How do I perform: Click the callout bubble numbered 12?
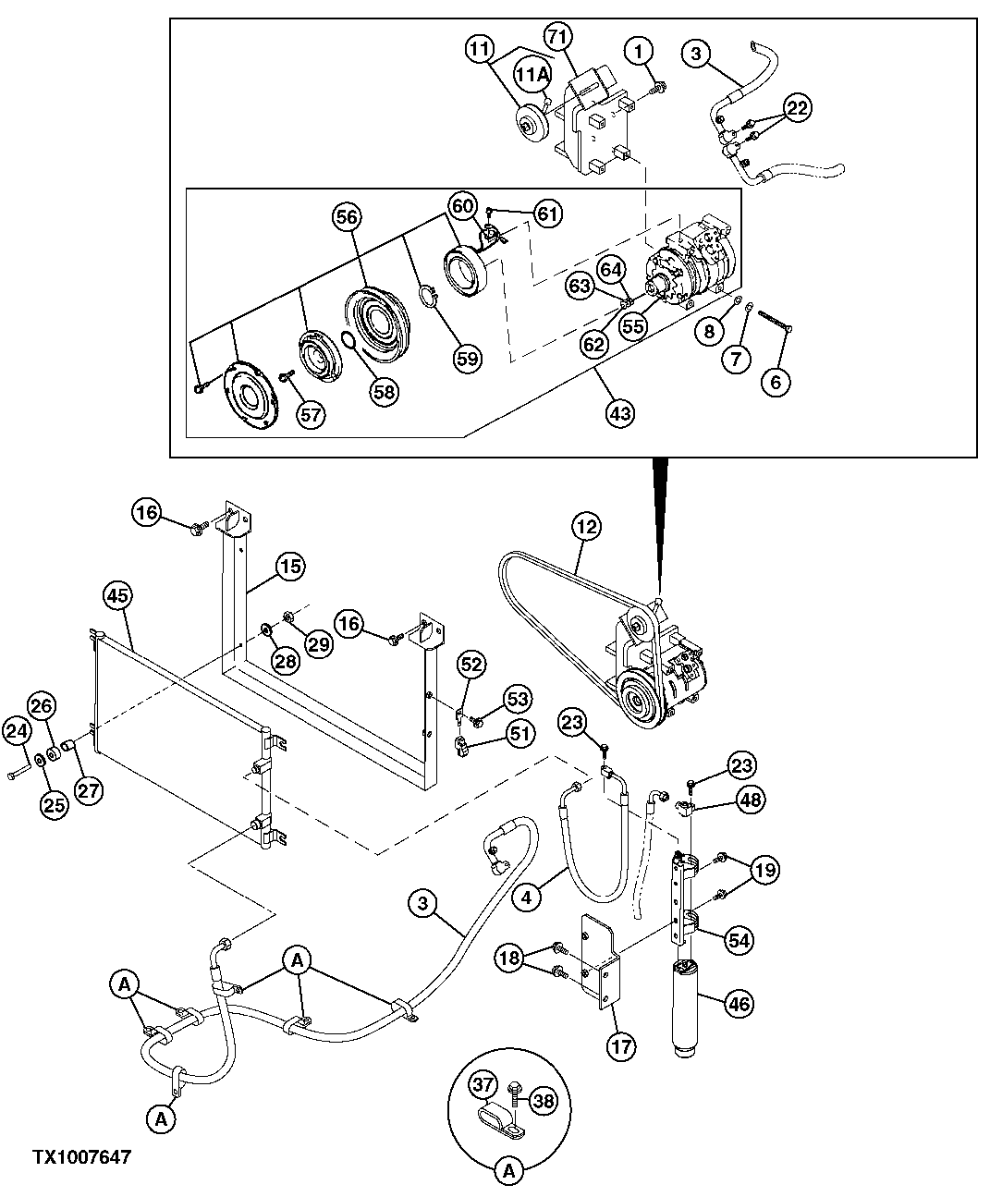[x=586, y=527]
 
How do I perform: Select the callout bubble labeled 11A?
[x=533, y=75]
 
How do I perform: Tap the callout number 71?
[x=557, y=38]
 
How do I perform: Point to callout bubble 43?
[x=619, y=412]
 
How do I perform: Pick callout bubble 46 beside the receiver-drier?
[x=739, y=1005]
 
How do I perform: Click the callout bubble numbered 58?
[x=384, y=392]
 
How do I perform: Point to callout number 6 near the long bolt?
[x=775, y=380]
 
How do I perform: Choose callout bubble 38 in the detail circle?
[x=544, y=1101]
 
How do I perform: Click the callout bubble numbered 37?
[x=482, y=1086]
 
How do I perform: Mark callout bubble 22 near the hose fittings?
[x=797, y=108]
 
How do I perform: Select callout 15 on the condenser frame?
[x=290, y=566]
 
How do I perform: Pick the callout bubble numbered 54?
[x=738, y=940]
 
